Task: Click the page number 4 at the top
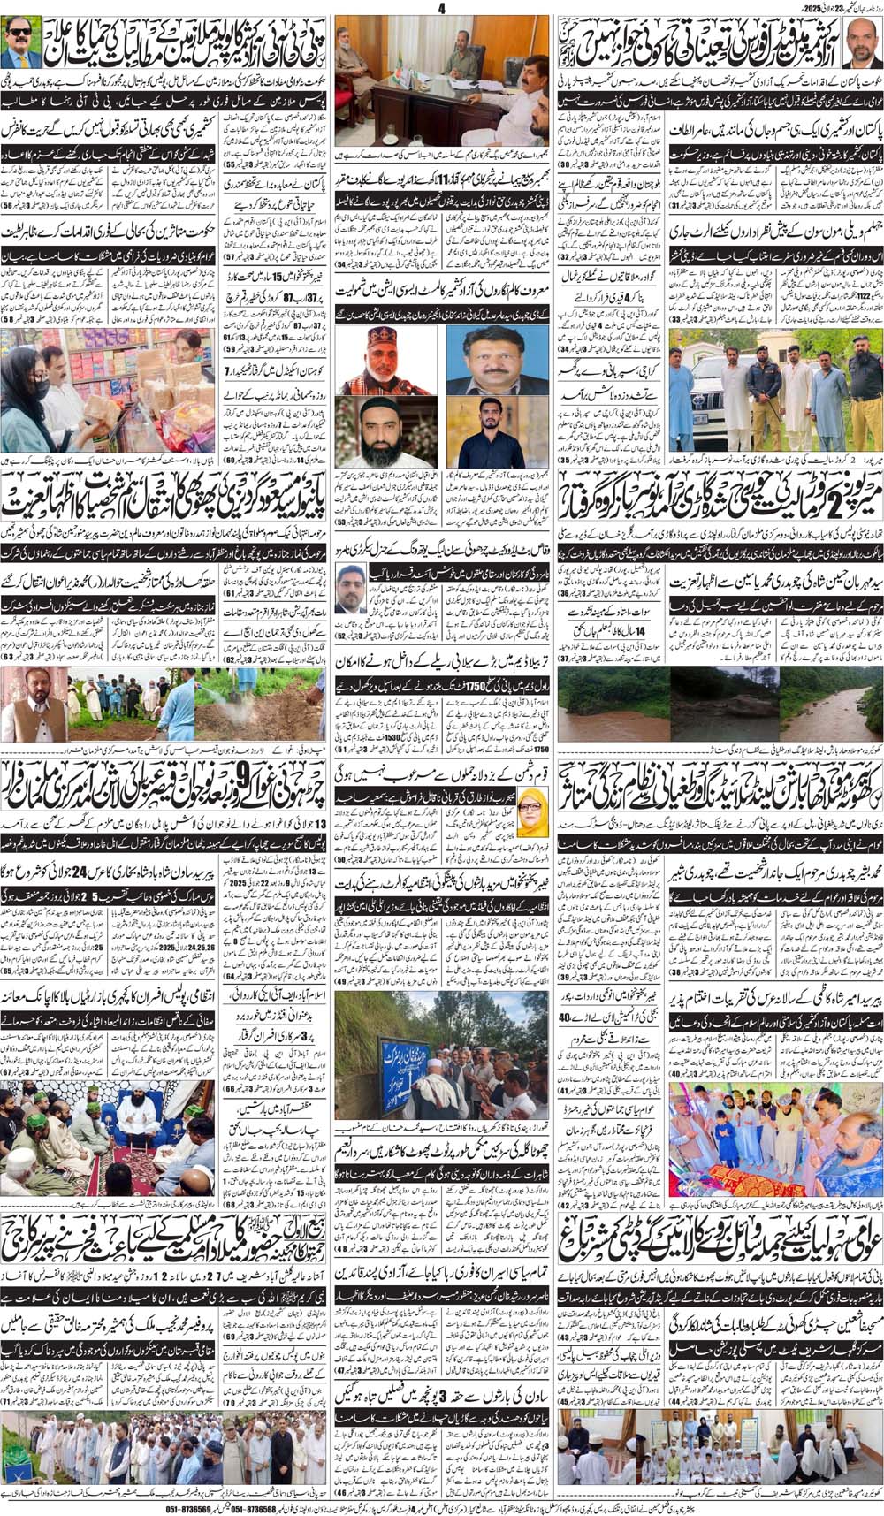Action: click(x=438, y=8)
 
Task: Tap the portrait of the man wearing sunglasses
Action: click(x=21, y=44)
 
